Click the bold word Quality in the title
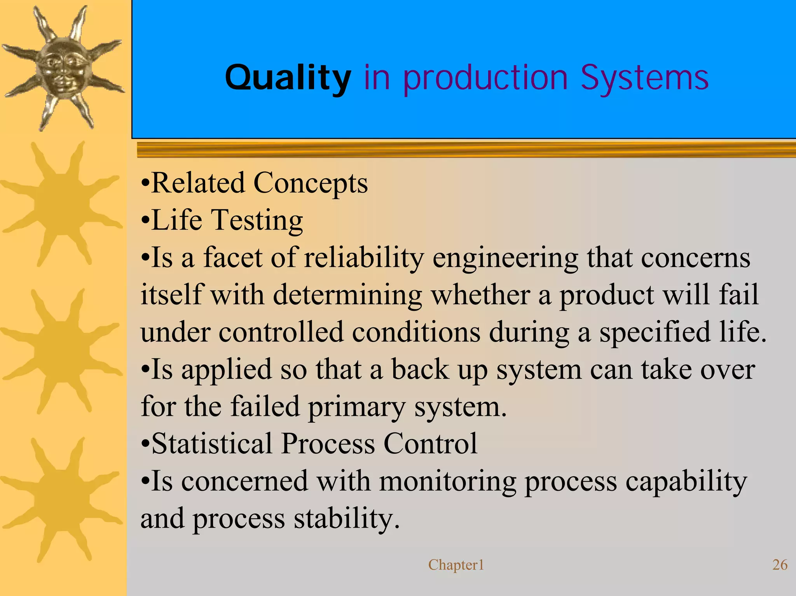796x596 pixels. click(288, 78)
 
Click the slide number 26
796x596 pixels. click(780, 565)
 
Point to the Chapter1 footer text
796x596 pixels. click(456, 565)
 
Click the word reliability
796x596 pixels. click(364, 258)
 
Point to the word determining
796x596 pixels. click(347, 295)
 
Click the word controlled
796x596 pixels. click(281, 332)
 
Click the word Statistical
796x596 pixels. click(212, 443)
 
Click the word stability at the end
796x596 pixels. click(346, 518)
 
